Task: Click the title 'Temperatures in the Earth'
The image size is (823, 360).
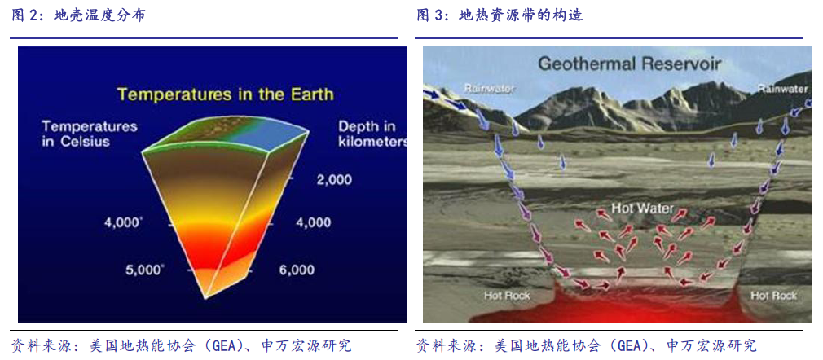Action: coord(225,95)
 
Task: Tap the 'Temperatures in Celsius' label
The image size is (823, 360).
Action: coord(90,134)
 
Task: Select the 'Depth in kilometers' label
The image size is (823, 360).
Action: coord(372,134)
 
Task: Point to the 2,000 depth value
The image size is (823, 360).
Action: coord(334,181)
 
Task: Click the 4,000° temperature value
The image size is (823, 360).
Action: coord(123,222)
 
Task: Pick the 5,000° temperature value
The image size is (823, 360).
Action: coord(144,270)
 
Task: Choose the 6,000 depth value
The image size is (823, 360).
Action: coord(297,270)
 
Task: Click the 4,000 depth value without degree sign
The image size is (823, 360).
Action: coord(313,222)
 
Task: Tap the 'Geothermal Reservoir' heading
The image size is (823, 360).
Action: coord(630,64)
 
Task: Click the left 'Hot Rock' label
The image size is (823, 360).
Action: coord(507,296)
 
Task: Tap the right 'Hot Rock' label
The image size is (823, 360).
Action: coord(773,296)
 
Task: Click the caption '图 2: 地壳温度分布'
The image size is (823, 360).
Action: coord(79,15)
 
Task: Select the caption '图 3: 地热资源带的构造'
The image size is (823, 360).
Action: coord(500,15)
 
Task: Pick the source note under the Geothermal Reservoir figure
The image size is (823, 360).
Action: coord(586,345)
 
